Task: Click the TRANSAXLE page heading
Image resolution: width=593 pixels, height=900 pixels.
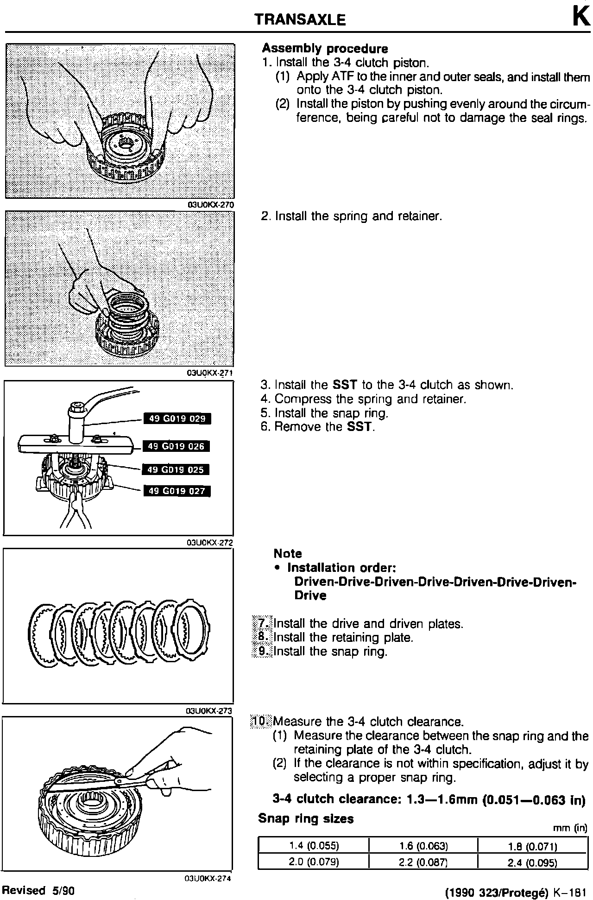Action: click(x=300, y=19)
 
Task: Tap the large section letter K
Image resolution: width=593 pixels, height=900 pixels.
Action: click(x=581, y=17)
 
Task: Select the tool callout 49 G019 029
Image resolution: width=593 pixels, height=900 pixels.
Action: click(x=177, y=419)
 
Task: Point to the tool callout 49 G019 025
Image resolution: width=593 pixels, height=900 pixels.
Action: click(x=176, y=469)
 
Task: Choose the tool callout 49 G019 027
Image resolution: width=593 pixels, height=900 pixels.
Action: click(x=177, y=491)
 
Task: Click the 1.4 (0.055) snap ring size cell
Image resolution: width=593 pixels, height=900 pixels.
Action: click(x=314, y=846)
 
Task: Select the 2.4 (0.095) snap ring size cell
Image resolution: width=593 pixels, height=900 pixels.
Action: click(x=532, y=862)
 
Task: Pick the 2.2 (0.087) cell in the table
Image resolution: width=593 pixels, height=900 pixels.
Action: click(x=423, y=862)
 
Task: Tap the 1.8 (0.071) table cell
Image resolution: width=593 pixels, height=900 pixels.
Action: click(x=532, y=846)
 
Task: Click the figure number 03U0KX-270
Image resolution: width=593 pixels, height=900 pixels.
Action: click(x=210, y=205)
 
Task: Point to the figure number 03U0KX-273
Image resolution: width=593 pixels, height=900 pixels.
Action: click(x=208, y=711)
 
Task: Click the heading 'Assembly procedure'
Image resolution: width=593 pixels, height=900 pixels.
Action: click(x=325, y=49)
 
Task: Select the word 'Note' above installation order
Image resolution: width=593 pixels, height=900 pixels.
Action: click(x=288, y=553)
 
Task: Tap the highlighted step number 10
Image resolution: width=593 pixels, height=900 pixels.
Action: click(x=260, y=721)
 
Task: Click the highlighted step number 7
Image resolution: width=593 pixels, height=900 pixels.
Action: click(x=263, y=623)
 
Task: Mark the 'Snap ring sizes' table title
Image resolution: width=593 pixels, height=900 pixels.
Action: click(x=306, y=819)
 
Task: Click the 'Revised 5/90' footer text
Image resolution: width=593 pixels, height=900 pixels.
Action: click(x=38, y=890)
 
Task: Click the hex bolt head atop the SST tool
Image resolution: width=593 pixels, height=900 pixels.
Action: click(x=75, y=409)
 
